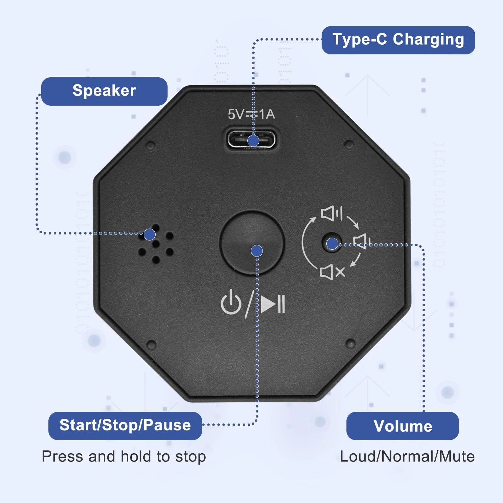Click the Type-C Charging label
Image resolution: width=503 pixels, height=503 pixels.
pos(398,40)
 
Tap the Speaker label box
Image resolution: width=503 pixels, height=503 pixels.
pos(104,91)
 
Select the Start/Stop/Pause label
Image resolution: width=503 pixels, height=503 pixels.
pos(125,426)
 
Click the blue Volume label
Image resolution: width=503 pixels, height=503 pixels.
pos(402,426)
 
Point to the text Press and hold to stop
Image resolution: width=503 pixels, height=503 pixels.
pos(124,456)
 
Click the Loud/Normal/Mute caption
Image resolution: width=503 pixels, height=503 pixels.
pos(407,456)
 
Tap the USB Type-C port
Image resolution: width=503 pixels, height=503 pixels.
pos(251,140)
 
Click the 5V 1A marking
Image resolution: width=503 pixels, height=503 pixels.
pos(251,114)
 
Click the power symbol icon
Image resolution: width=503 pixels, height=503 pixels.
pos(231,302)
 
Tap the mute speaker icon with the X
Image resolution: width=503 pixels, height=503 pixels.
pos(332,272)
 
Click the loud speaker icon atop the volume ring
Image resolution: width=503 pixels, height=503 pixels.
pos(332,213)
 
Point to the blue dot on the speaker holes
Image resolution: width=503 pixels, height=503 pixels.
pos(150,234)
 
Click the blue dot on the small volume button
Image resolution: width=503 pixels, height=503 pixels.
pos(332,244)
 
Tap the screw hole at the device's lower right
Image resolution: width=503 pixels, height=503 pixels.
pos(351,343)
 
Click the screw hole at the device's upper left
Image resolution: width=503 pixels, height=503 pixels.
pos(151,146)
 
